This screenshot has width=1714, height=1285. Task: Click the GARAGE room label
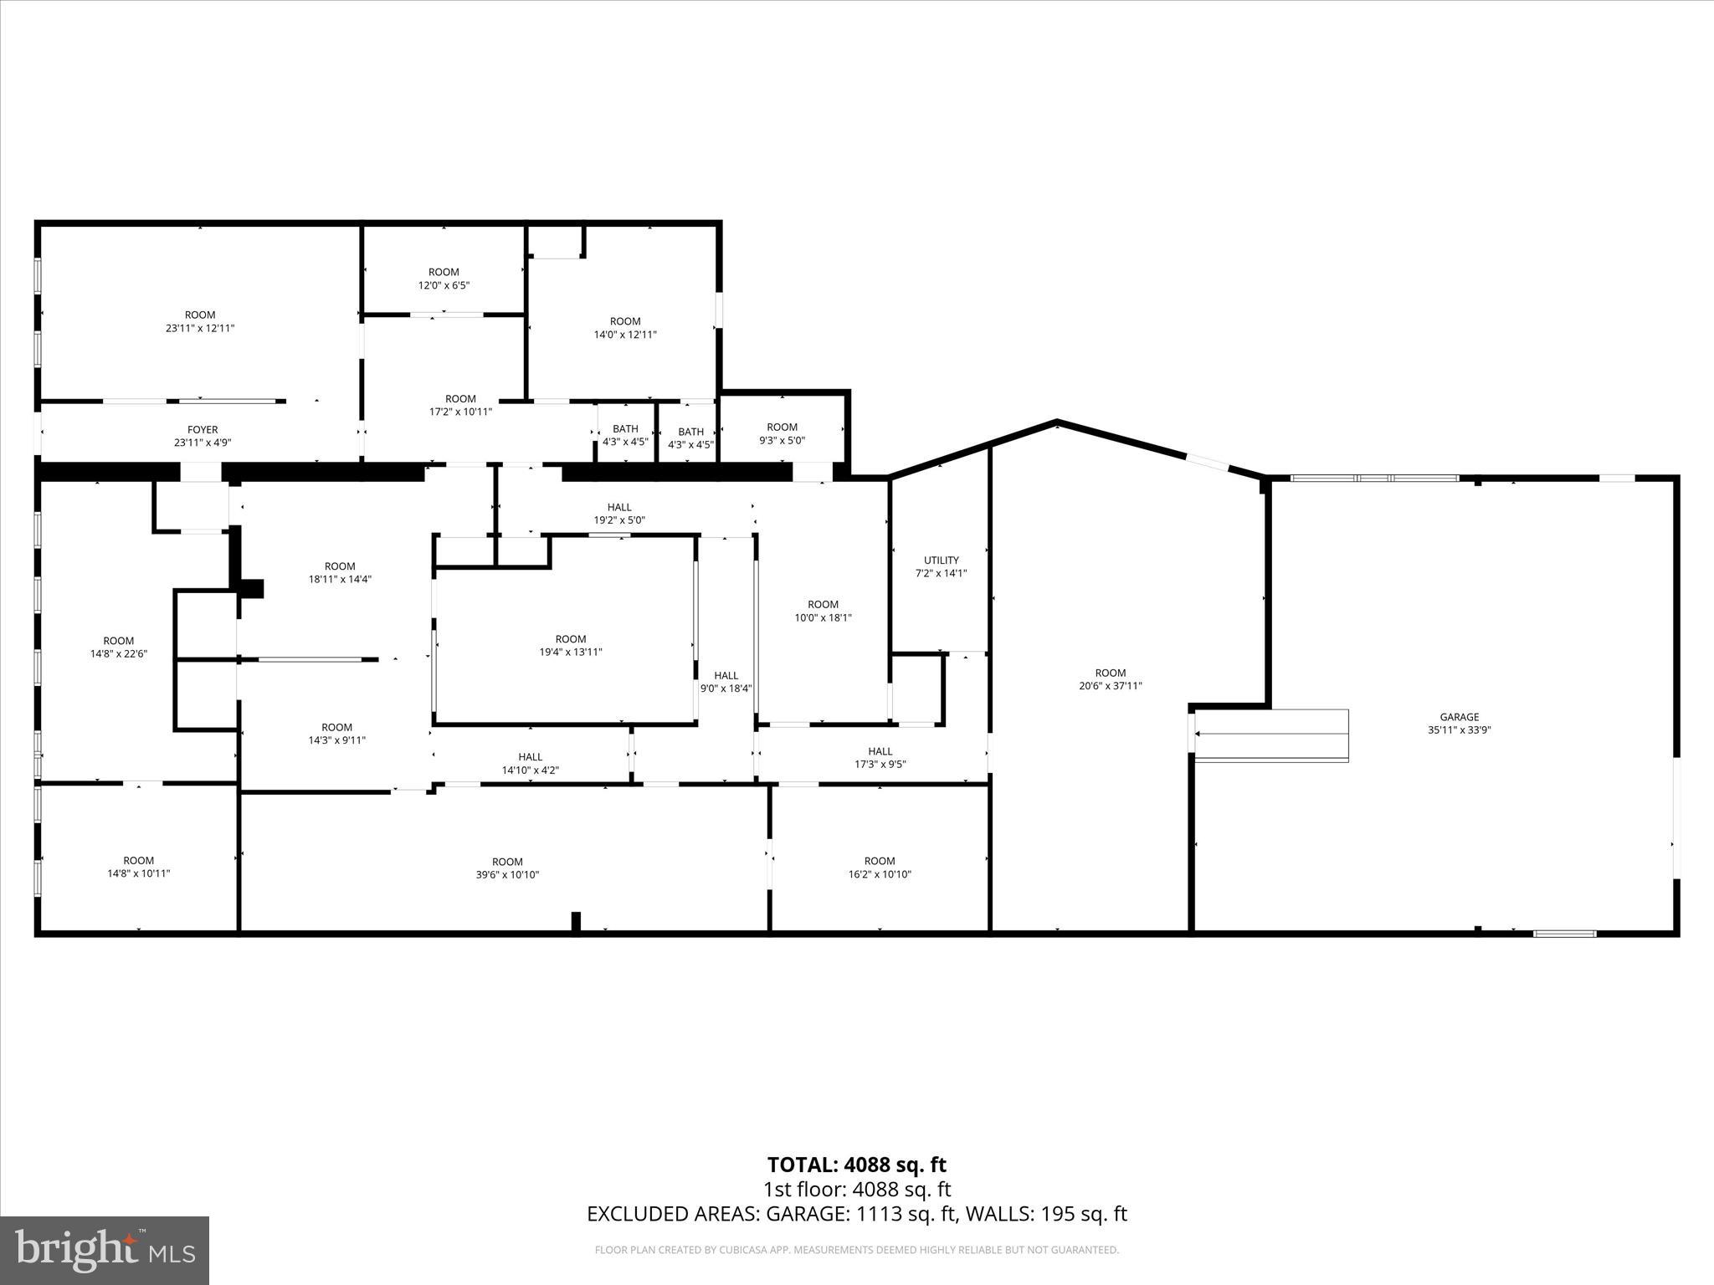[1459, 717]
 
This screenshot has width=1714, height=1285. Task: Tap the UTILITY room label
[941, 561]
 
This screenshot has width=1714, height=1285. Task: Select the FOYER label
[203, 430]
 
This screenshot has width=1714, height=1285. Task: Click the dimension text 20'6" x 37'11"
[1110, 686]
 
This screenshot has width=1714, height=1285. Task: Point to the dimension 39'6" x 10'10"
[507, 875]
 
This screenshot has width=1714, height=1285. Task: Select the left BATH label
[625, 429]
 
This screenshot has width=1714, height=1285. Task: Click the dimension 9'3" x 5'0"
[782, 440]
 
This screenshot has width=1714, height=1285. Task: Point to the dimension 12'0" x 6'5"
[444, 285]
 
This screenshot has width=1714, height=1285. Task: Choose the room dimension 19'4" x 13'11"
[571, 653]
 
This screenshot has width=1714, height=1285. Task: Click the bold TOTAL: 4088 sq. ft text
[856, 1165]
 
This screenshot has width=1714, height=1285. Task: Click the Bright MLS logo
[105, 1250]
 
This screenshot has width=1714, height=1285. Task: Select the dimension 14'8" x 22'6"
[118, 654]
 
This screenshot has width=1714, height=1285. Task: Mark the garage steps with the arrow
[1270, 735]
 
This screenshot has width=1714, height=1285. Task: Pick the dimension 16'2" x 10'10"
[879, 874]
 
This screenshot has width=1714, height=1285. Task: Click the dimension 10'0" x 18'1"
[823, 618]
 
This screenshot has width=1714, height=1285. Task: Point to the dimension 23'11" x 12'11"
[200, 329]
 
